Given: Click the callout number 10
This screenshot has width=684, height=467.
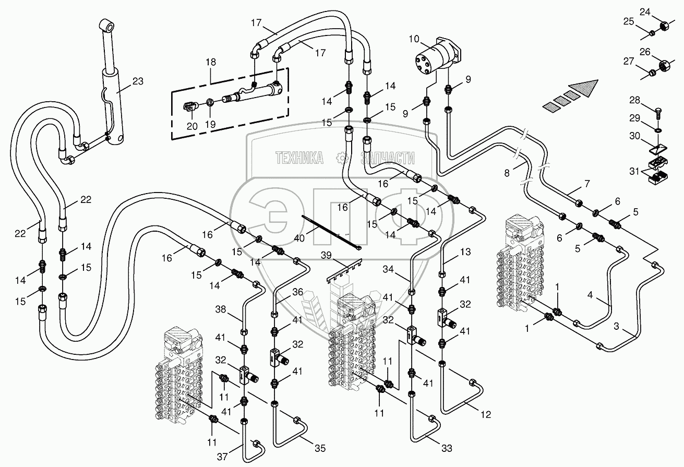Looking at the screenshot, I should coord(414,39).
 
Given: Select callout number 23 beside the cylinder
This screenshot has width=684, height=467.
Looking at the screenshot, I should coord(138,81).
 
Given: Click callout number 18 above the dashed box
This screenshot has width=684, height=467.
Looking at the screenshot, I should coord(211,62).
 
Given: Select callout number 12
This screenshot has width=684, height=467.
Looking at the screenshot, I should coord(486,415).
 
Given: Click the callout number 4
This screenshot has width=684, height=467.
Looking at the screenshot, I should coord(590,295).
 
